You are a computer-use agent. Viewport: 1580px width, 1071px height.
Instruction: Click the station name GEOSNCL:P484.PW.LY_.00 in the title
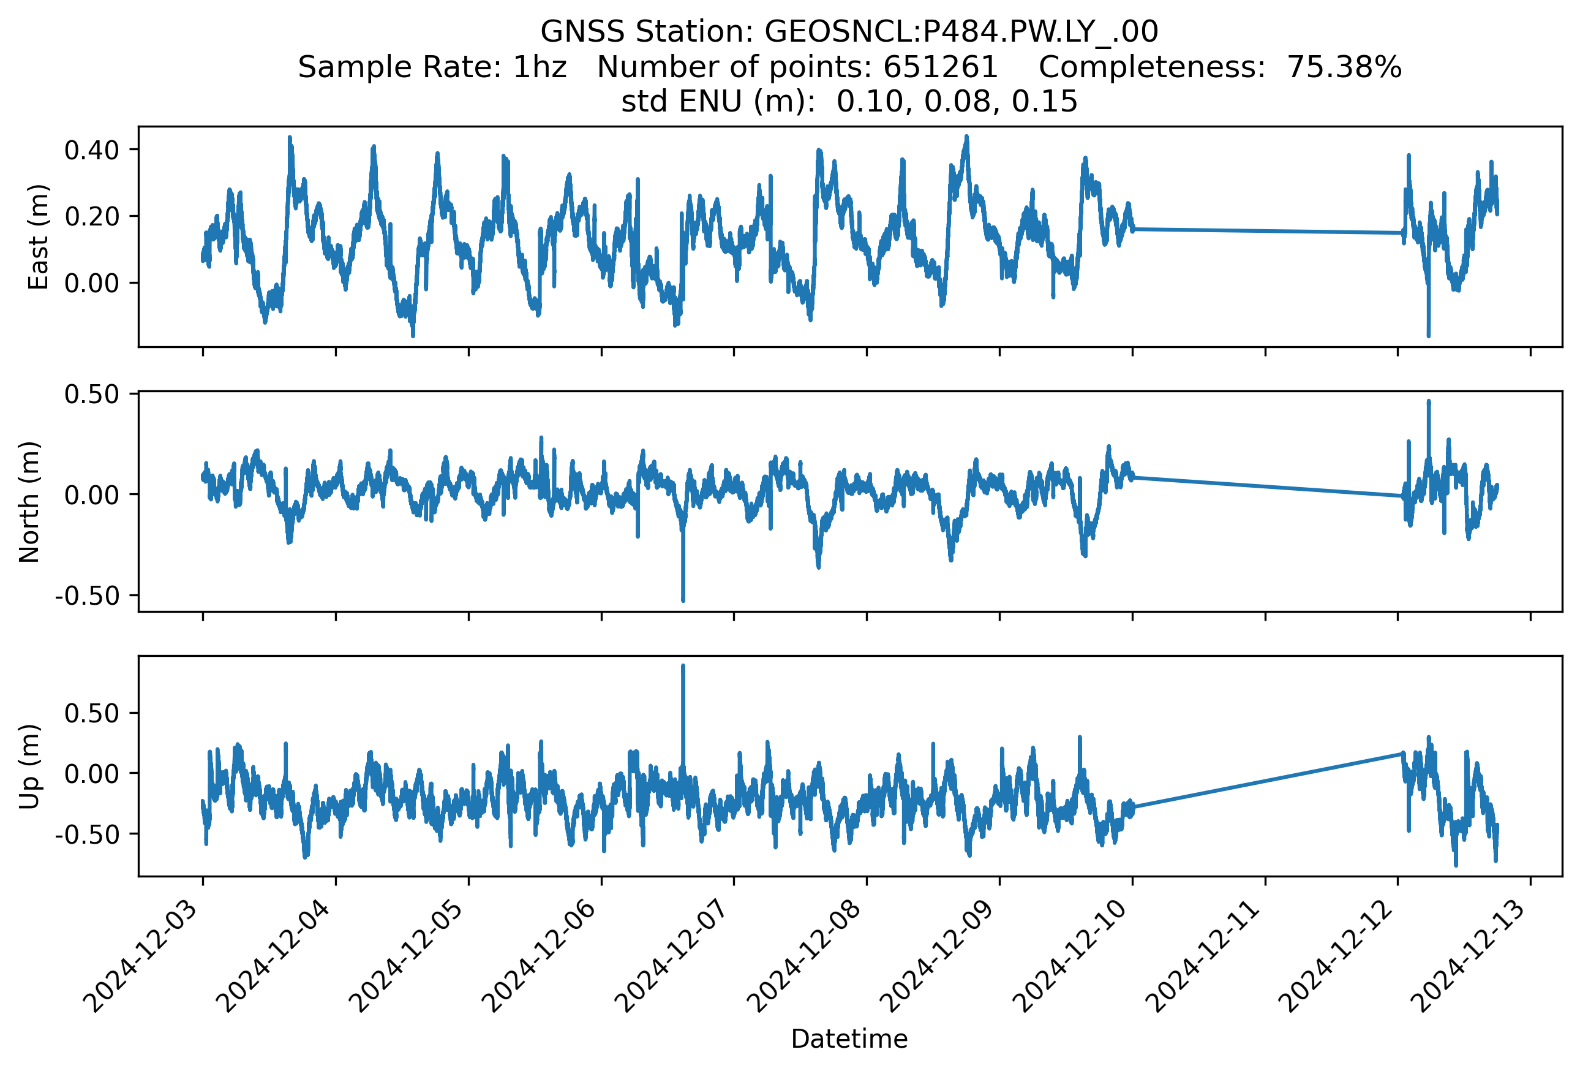coord(961,31)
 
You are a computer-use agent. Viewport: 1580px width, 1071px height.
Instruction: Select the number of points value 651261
coord(940,67)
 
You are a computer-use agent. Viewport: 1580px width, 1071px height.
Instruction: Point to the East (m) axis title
coord(39,237)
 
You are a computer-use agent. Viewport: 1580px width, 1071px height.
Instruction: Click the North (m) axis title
coord(30,502)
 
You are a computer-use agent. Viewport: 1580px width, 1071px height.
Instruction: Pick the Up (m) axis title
coord(30,766)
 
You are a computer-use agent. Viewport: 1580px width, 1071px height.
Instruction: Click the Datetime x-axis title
coord(849,1039)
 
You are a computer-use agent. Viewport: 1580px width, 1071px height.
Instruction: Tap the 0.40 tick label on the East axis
coord(92,150)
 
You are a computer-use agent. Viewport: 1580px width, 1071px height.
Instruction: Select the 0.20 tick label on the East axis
coord(92,216)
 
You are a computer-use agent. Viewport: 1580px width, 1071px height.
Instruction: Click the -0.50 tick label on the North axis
coord(88,596)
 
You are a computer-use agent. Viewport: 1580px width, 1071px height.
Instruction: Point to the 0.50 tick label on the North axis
coord(92,395)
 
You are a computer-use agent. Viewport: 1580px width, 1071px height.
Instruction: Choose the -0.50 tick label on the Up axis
coord(88,834)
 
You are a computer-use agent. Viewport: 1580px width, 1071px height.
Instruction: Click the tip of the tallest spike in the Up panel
coord(683,667)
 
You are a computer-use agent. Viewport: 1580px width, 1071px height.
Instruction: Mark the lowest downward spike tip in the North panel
coord(683,600)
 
